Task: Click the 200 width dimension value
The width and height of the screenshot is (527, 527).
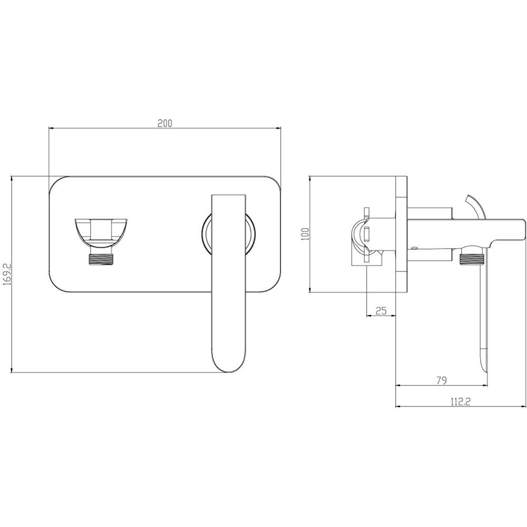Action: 164,123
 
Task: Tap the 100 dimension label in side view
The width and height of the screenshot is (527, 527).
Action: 305,233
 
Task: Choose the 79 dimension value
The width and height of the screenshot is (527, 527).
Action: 441,380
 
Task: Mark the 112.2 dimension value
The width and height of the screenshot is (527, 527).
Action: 460,401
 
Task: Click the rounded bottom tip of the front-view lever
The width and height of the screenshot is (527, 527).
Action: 230,370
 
